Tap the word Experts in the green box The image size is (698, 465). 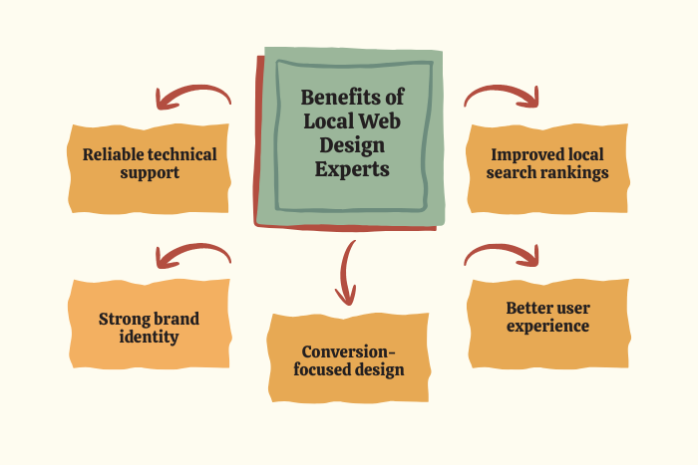352,169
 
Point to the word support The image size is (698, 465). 150,172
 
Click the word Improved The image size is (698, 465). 520,155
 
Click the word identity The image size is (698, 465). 149,337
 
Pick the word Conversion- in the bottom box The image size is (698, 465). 348,352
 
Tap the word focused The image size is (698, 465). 319,369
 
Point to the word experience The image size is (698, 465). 547,326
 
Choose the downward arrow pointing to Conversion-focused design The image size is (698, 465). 345,273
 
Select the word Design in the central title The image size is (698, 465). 352,145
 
